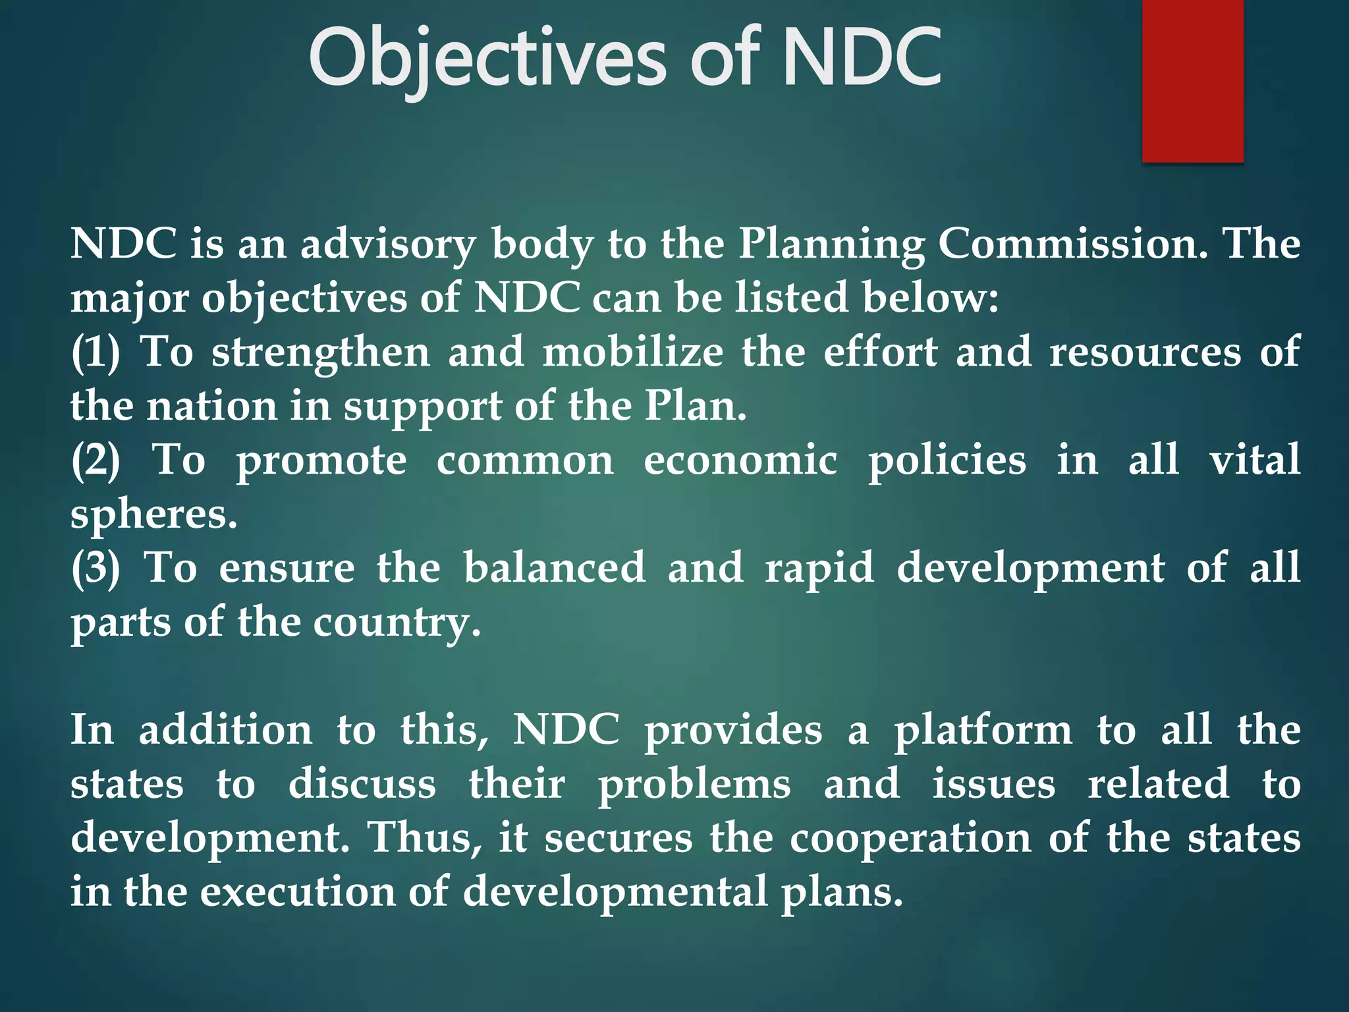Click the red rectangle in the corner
click(1192, 80)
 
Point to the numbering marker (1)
click(96, 352)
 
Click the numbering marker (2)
click(96, 460)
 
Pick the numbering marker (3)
click(96, 567)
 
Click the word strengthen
click(321, 352)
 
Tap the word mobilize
click(633, 352)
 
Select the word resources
click(1145, 352)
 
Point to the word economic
click(740, 460)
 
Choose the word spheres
click(153, 514)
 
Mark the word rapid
click(819, 567)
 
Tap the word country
click(397, 621)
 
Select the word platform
click(983, 730)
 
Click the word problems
click(694, 784)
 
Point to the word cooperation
click(910, 838)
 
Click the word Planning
click(831, 244)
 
